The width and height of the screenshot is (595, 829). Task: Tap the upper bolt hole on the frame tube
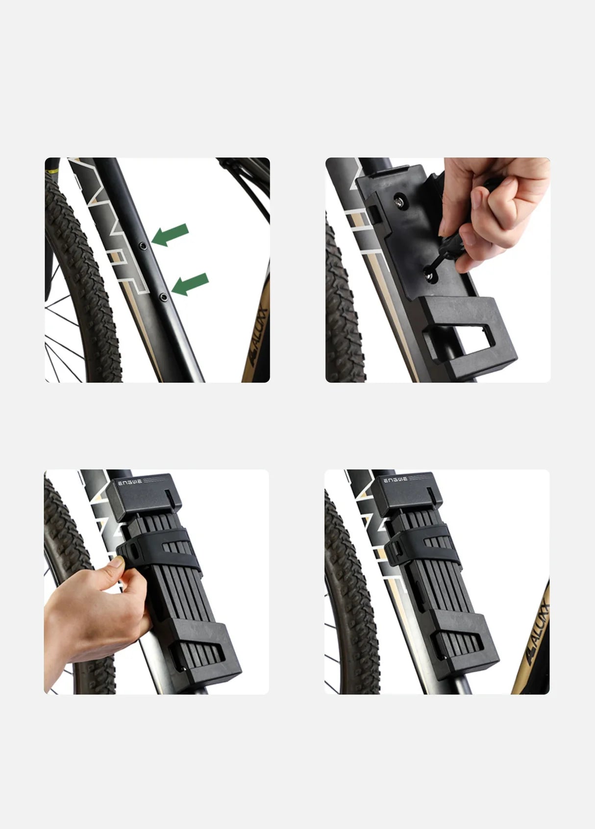[142, 244]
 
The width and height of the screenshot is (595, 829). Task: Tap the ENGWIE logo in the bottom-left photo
[130, 482]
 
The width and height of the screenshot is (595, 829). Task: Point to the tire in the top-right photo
[343, 304]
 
